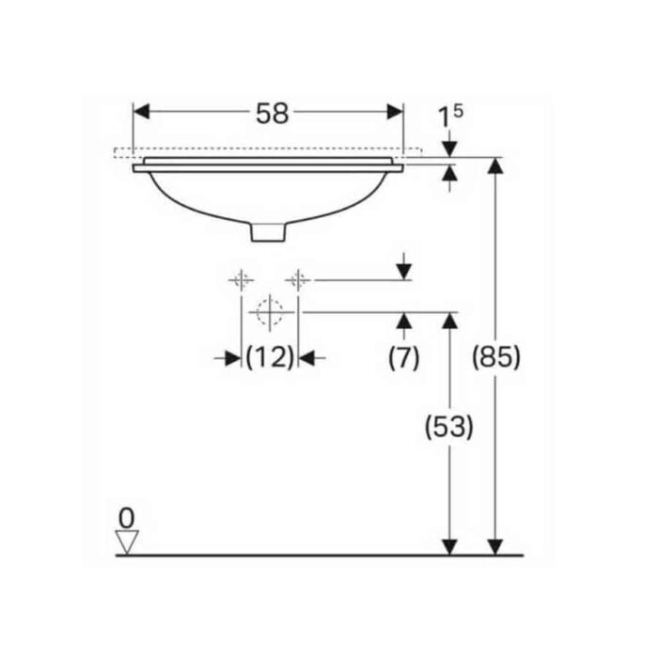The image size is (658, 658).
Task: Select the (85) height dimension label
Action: click(x=496, y=358)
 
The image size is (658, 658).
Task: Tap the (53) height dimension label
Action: click(x=450, y=428)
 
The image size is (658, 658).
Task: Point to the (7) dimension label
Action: click(x=404, y=357)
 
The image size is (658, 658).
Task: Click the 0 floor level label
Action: click(x=126, y=517)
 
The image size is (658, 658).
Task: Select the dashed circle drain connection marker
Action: click(x=270, y=311)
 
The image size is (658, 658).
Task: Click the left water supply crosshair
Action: click(x=241, y=280)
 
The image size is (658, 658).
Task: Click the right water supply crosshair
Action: click(x=298, y=280)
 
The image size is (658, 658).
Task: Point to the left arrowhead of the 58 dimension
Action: click(x=141, y=112)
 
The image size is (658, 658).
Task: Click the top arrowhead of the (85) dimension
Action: click(x=496, y=166)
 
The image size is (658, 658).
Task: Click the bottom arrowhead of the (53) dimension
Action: click(x=450, y=545)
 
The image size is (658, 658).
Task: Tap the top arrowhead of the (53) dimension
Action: click(x=450, y=321)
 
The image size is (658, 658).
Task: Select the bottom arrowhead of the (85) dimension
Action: click(x=496, y=545)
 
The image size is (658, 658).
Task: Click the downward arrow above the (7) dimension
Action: click(x=404, y=271)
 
